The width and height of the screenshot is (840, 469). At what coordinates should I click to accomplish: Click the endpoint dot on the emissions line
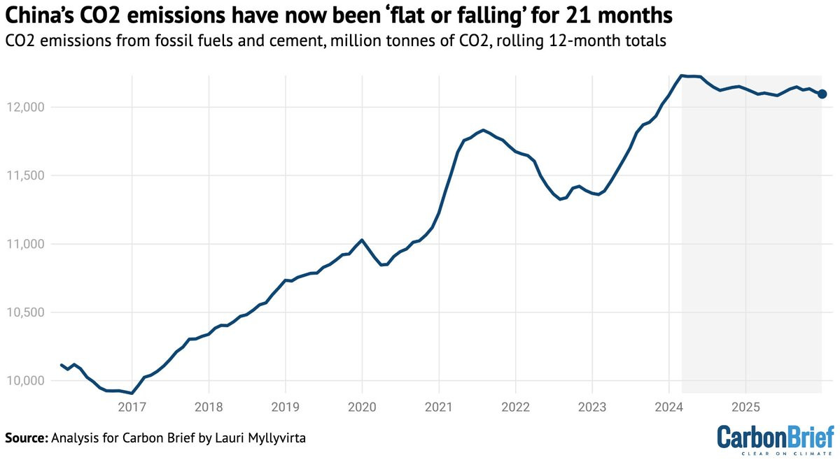pos(822,94)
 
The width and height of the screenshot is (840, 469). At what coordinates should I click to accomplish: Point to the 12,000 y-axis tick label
pos(25,108)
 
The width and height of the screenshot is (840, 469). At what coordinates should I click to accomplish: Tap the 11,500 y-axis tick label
pos(25,175)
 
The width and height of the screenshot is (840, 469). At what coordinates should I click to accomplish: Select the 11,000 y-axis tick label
pos(25,244)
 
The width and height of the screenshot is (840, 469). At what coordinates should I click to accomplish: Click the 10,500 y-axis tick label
pos(25,312)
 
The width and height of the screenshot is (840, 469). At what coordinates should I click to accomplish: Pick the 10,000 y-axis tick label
pos(25,381)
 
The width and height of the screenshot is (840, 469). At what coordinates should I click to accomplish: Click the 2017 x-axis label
pos(132,407)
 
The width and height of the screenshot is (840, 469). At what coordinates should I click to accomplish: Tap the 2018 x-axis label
pos(209,407)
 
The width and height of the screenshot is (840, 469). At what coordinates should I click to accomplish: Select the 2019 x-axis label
pos(286,407)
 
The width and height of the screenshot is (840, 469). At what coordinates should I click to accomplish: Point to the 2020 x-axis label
pos(363,407)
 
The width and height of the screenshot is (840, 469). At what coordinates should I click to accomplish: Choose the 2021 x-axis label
pos(439,407)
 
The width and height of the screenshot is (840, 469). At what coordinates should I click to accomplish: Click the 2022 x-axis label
pos(516,407)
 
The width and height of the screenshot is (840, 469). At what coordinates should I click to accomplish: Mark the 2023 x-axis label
pos(592,407)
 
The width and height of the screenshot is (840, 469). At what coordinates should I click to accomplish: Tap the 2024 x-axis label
pos(669,407)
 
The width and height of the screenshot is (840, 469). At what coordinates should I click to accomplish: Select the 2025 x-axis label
pos(745,407)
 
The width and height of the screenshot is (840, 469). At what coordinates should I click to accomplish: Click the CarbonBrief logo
pos(776,440)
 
